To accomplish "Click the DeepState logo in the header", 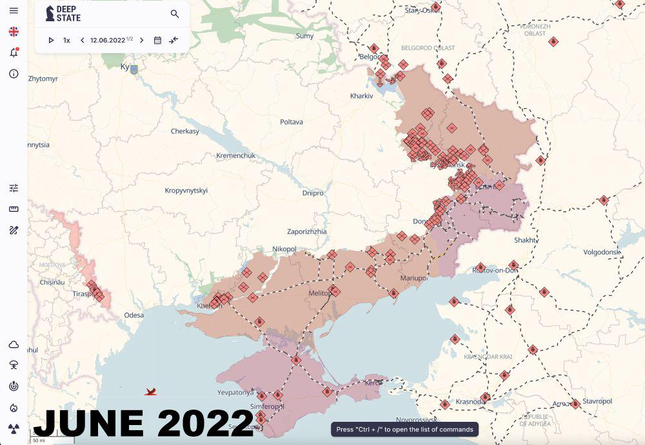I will coord(63,14).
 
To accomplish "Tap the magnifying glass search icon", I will coord(175,14).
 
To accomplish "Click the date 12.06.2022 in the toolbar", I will coord(108,40).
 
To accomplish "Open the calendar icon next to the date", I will coord(157,40).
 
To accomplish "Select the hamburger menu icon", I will coord(14,11).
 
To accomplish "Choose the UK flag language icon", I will coord(14,32).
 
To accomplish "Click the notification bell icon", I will coord(14,53).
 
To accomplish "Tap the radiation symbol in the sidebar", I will coord(14,428).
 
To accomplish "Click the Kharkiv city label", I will coord(361,96).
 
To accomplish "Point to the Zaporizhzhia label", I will coord(306,231).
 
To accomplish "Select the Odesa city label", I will coord(134,315).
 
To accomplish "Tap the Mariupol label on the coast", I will coord(414,278).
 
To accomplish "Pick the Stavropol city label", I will coord(597,401).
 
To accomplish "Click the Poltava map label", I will coord(291,122).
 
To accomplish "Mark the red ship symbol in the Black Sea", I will coord(150,391).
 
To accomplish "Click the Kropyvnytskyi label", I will coord(186,191).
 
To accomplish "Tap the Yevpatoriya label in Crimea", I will coord(236,392).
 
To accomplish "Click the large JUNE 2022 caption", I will coord(143,423).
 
